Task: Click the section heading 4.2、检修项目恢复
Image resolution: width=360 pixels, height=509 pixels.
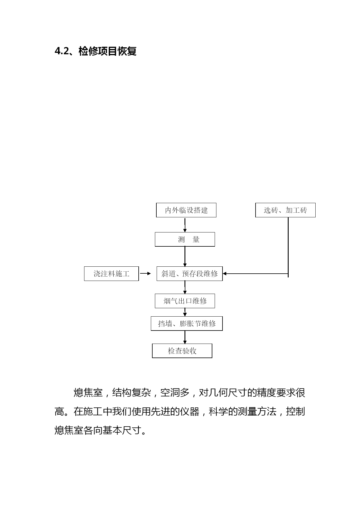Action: point(95,51)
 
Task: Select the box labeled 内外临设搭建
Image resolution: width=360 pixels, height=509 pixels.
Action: point(186,210)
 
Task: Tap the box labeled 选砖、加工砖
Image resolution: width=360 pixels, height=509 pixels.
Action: point(285,210)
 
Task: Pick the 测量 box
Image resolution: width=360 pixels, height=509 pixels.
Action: point(185,239)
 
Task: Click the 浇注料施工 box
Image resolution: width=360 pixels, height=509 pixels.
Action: point(111,274)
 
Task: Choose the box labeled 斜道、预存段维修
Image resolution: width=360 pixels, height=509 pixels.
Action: point(190,274)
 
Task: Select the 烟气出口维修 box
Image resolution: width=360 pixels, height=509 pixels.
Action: point(185,301)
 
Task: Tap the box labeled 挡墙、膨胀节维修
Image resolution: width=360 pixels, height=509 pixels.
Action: point(187,324)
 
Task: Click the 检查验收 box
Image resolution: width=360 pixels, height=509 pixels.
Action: point(182,351)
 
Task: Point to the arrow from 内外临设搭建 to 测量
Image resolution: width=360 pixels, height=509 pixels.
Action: point(185,225)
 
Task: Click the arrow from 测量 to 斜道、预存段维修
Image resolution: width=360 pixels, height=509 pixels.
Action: point(185,257)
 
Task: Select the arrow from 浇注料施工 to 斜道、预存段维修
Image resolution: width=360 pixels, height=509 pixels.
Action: point(145,273)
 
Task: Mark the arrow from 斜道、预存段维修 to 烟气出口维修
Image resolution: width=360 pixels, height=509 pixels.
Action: point(185,287)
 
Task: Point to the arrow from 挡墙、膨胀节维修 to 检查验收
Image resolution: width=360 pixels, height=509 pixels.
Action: point(185,337)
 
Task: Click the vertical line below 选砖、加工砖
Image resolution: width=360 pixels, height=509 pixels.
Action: point(288,247)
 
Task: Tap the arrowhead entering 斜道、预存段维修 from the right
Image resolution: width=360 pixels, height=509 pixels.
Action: point(225,273)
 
